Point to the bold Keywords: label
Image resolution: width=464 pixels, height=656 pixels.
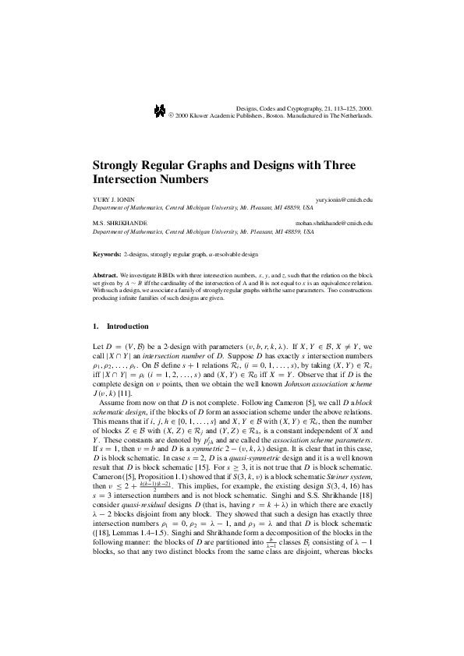pos(107,255)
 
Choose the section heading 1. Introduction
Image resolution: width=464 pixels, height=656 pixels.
pos(120,325)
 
